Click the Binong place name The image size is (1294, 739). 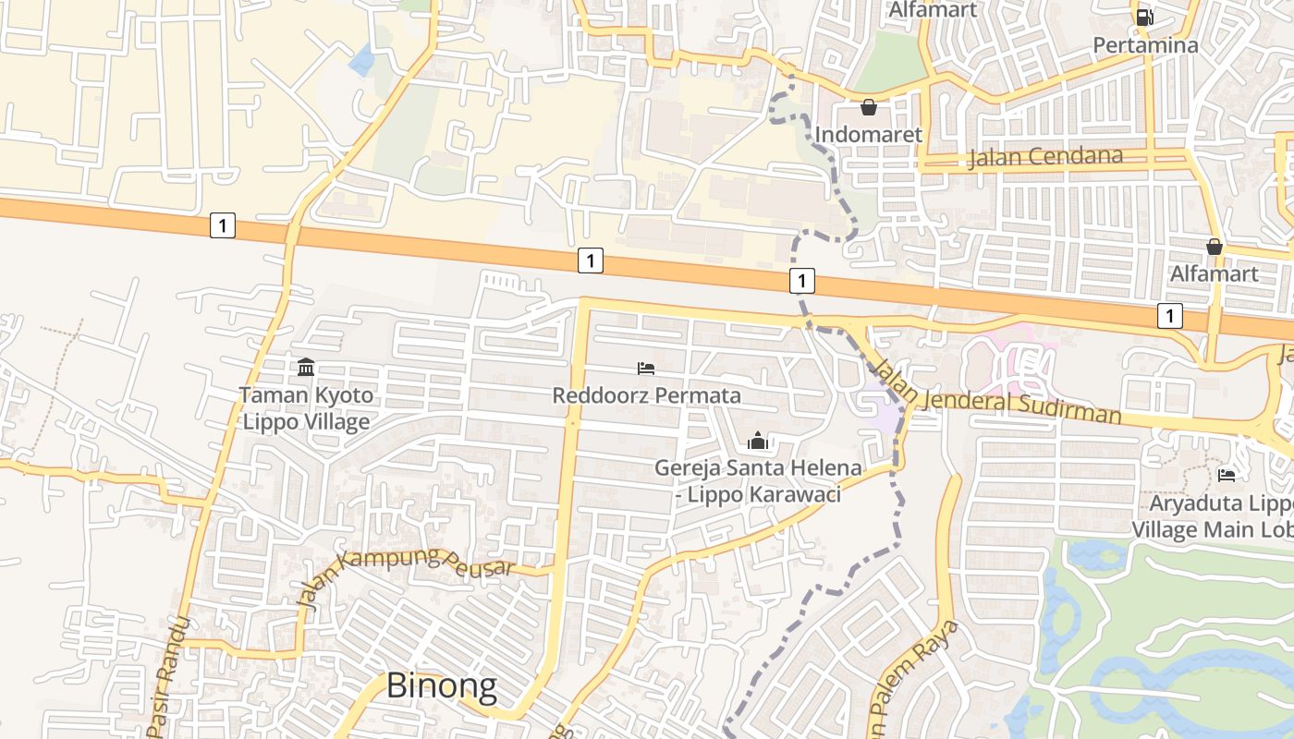[441, 685]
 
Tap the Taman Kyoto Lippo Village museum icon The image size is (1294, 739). [306, 368]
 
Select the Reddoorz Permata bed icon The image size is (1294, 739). [646, 369]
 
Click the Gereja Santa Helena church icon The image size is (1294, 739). [758, 441]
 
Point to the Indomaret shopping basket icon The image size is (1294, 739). [868, 108]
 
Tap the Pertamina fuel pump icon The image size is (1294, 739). [1144, 17]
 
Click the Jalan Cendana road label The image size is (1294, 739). [1045, 157]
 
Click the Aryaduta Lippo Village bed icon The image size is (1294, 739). [1227, 475]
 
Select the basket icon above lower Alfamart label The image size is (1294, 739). [1215, 247]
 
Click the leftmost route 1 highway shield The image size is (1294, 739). [222, 224]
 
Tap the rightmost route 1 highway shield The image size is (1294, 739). [1170, 316]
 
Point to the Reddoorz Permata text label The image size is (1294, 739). [646, 395]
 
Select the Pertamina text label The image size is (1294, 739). [1145, 44]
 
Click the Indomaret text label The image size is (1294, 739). [868, 135]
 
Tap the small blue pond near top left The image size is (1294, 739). [361, 60]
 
